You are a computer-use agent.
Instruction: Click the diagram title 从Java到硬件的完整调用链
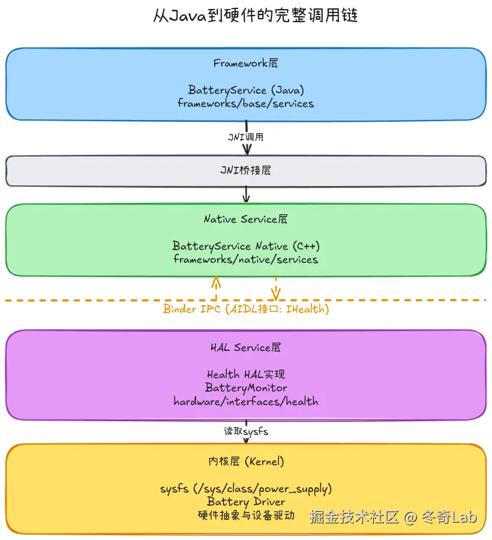point(246,16)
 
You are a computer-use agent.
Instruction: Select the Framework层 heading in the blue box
point(245,63)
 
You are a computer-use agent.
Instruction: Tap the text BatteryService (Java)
point(245,90)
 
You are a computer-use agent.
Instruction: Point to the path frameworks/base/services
point(245,103)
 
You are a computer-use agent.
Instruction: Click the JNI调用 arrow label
point(245,137)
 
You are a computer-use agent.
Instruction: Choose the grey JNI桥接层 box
point(245,171)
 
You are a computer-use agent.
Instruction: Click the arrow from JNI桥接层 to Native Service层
point(245,195)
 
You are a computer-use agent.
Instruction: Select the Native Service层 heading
point(245,219)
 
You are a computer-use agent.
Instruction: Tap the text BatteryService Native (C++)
point(245,246)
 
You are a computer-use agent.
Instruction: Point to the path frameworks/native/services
point(245,259)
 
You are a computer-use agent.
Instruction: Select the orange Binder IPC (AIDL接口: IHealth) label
point(245,310)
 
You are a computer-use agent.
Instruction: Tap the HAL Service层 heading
point(245,347)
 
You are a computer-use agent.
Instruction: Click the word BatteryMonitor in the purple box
point(245,388)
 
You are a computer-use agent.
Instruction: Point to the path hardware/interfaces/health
point(245,401)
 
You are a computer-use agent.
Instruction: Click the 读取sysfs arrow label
point(245,431)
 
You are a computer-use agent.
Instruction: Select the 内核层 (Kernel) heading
point(245,461)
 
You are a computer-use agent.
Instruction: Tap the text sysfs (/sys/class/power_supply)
point(245,488)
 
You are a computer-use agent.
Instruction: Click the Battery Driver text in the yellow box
point(245,502)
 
